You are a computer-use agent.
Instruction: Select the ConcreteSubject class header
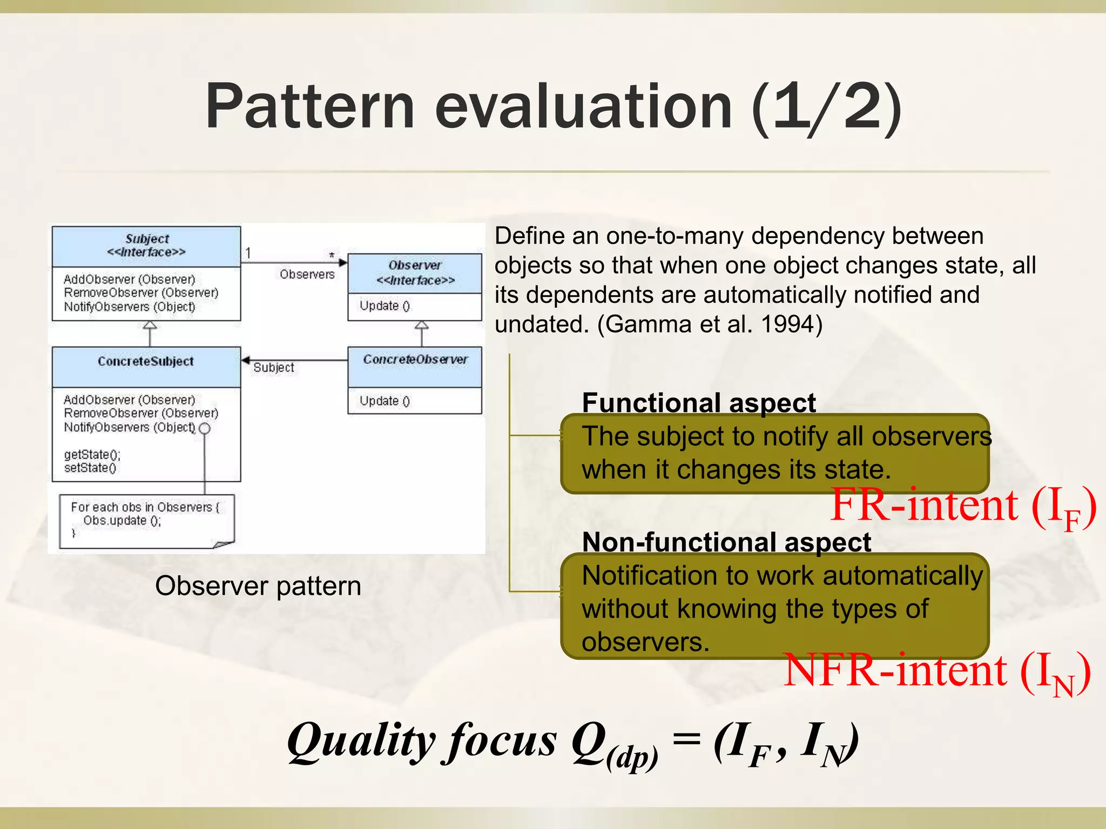(x=146, y=362)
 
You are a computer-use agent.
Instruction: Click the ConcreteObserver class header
(x=415, y=360)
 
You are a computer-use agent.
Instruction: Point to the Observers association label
(x=307, y=275)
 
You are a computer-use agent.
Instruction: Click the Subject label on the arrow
(x=274, y=368)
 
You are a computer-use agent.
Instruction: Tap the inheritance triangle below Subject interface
(x=150, y=325)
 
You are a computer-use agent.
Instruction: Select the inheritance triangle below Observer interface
(x=422, y=325)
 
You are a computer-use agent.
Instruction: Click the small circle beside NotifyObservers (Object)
(x=205, y=429)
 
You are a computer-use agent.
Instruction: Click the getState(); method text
(x=92, y=454)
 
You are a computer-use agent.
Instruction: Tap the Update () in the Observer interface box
(x=385, y=306)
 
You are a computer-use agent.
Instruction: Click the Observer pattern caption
(x=258, y=586)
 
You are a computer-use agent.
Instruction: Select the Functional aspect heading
(x=699, y=403)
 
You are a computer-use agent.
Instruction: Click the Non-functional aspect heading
(x=726, y=542)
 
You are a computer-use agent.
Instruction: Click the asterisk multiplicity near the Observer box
(x=332, y=255)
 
